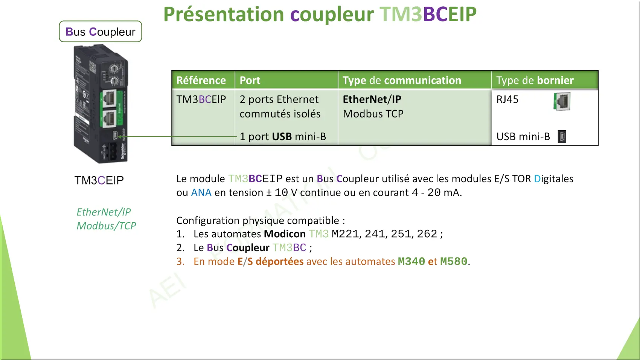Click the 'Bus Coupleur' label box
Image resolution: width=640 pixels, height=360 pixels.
point(100,31)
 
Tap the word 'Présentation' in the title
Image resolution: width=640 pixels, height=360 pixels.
point(223,14)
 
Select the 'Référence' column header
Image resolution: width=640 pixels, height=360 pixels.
point(201,80)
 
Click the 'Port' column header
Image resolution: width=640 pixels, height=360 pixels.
point(250,80)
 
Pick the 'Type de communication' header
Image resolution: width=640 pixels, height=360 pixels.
point(402,80)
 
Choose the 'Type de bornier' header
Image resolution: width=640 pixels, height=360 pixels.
point(535,80)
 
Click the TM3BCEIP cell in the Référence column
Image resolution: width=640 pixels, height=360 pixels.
point(201,99)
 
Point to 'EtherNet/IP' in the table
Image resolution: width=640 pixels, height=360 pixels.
point(372,99)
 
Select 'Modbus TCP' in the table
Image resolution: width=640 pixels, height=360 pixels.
point(373,114)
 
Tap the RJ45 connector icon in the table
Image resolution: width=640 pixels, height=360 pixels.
point(562,101)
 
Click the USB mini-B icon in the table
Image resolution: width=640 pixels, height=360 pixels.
point(562,136)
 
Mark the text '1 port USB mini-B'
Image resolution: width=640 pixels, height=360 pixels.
point(283,137)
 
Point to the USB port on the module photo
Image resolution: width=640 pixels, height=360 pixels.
point(115,135)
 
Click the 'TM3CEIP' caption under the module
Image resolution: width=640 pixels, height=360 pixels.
point(99,180)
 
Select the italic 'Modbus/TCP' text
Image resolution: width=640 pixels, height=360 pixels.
point(106,226)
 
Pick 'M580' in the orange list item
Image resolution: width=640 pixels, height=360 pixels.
point(453,261)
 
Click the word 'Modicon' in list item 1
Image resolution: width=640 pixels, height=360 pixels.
point(285,234)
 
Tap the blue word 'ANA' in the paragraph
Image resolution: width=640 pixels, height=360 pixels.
point(201,192)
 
